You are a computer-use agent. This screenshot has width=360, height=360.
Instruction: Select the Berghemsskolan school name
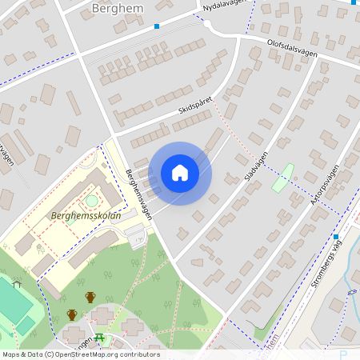tap(86, 215)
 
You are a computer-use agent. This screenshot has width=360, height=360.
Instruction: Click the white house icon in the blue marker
tap(180, 173)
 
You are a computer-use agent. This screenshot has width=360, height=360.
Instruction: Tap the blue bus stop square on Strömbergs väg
tap(337, 237)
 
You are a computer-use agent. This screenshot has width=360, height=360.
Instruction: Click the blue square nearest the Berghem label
tap(157, 26)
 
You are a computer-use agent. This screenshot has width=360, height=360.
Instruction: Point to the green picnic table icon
tap(101, 338)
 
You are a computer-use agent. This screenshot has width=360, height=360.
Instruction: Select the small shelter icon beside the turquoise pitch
tap(16, 284)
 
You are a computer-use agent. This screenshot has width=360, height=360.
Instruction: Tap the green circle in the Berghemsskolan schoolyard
tap(91, 200)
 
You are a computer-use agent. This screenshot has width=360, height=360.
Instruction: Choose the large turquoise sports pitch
tap(14, 302)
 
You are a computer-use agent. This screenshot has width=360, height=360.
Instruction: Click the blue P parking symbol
tap(343, 354)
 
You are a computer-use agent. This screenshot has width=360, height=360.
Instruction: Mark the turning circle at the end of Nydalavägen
tap(207, 25)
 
